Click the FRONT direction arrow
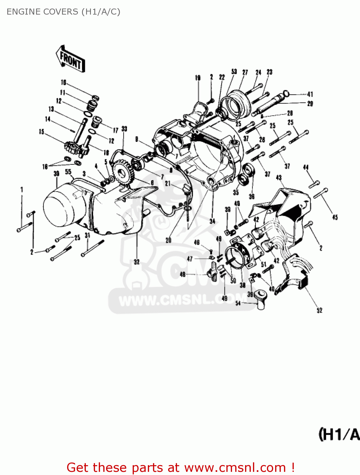tap(70, 59)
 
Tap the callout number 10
tap(64, 83)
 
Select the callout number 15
tap(41, 132)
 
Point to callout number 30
tap(56, 174)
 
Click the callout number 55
tap(68, 172)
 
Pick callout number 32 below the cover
tap(136, 262)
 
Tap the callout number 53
tap(234, 72)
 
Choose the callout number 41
tap(310, 94)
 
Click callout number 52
tap(319, 310)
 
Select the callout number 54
tap(238, 303)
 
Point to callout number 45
tap(335, 217)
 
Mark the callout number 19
tap(198, 78)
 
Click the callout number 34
tap(212, 221)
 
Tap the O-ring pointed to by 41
tap(286, 93)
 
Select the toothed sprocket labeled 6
tap(122, 173)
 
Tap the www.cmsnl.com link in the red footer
tap(235, 467)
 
